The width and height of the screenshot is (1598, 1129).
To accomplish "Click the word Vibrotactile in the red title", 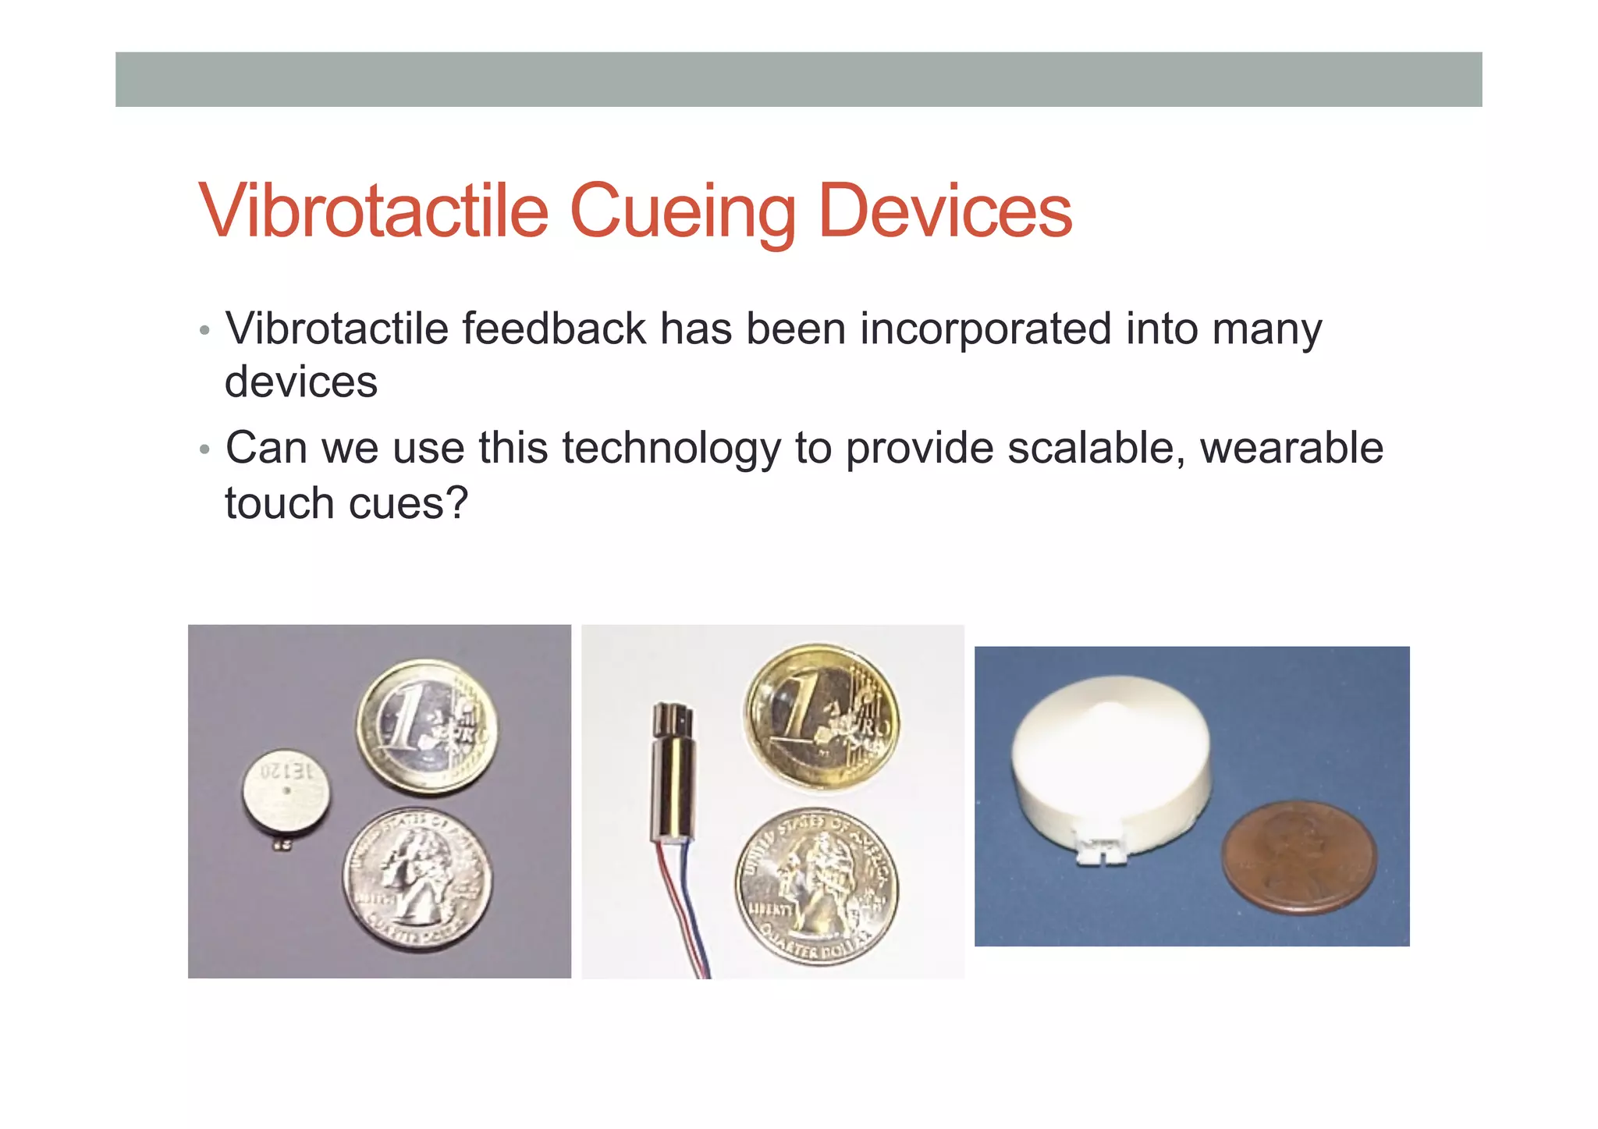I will (x=374, y=211).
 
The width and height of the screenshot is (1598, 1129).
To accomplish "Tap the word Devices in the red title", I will (x=945, y=211).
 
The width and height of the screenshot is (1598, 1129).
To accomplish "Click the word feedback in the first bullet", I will (x=553, y=328).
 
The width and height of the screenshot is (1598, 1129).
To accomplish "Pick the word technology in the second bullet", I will (x=670, y=449).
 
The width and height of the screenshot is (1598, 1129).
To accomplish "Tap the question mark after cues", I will (x=456, y=503).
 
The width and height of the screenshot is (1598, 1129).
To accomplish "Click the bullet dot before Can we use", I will (x=204, y=450).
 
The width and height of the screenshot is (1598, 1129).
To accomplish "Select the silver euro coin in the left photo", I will (x=427, y=725).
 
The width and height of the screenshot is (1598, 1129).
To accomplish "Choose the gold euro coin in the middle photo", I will (x=821, y=717).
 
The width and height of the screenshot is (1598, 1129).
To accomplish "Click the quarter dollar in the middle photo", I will (x=816, y=886).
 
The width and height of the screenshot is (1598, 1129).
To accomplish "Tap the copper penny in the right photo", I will (x=1298, y=857).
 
